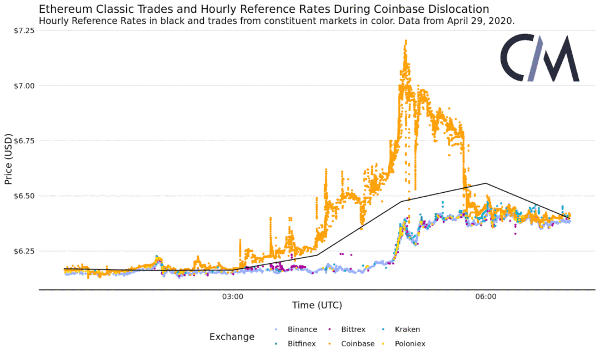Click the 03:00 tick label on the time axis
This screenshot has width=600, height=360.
pos(233,297)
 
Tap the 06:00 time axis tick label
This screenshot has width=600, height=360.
pos(486,297)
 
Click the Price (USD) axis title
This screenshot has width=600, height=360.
pos(8,159)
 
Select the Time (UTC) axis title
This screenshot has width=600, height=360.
pos(317,306)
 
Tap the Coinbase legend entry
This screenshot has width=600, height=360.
pos(357,344)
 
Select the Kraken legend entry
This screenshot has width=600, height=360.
pos(407,329)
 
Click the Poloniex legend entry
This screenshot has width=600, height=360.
pos(410,344)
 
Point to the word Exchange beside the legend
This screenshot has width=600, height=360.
pos(232,337)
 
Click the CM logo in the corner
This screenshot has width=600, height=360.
pos(539,58)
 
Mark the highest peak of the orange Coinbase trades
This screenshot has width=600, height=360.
pos(406,41)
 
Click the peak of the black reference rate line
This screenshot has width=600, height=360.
pos(486,183)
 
